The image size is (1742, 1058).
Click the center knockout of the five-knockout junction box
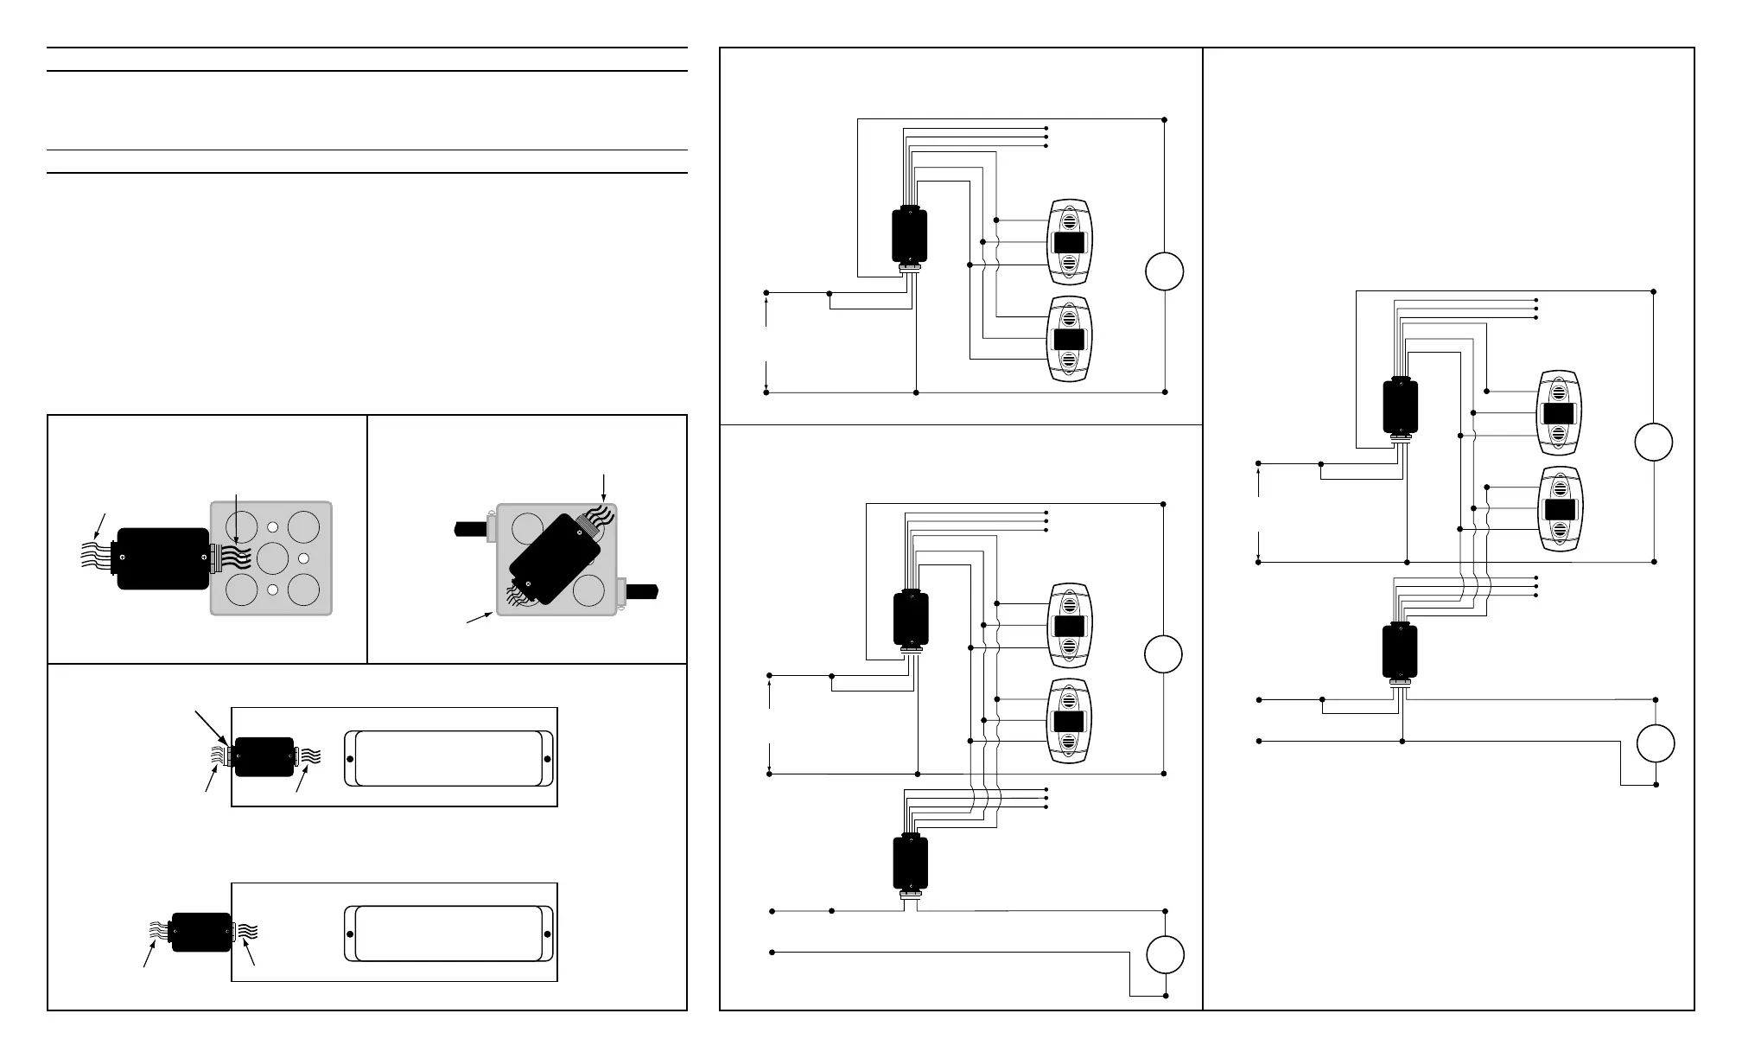tap(272, 558)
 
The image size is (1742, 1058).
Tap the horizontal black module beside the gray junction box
tap(162, 558)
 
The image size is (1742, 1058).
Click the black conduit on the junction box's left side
tap(471, 526)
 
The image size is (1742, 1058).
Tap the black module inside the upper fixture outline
tap(264, 757)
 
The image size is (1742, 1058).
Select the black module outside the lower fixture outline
tap(201, 932)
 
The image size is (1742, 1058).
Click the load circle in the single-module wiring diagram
tap(1165, 271)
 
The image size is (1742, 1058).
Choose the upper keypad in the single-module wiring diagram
tap(1070, 242)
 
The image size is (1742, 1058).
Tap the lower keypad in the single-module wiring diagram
tap(1070, 339)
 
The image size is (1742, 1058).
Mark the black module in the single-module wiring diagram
tap(909, 235)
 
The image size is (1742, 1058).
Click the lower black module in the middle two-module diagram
tap(910, 863)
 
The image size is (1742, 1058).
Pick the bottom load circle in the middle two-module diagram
tap(1165, 955)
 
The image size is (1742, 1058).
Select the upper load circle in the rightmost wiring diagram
tap(1653, 443)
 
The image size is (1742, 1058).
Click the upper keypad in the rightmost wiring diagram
tap(1559, 412)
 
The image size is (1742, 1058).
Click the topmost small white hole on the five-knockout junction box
tap(272, 526)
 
